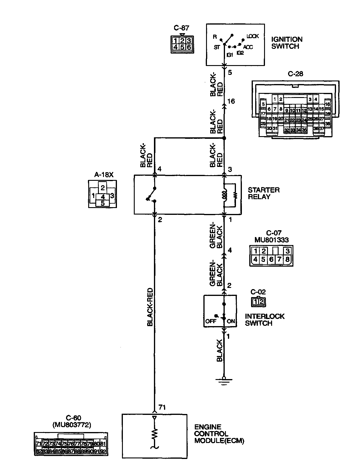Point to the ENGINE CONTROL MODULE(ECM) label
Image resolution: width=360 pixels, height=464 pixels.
coord(219,434)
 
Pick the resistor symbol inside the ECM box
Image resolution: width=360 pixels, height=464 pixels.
coord(154,434)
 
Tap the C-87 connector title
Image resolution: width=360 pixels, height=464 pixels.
coord(181,28)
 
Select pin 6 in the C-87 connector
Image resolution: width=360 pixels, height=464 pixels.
coord(189,47)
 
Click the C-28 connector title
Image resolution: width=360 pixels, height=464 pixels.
coord(295,74)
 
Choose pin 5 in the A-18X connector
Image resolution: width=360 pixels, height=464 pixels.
coord(103,203)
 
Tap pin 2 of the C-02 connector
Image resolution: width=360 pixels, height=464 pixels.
coord(261,302)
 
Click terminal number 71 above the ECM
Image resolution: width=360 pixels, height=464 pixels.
coord(162,407)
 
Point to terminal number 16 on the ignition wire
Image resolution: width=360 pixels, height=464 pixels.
coord(231,101)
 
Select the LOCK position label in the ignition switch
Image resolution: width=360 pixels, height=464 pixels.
coord(253,36)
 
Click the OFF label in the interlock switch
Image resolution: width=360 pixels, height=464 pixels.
coord(211,321)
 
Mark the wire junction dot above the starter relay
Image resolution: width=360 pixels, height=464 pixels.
coord(224,138)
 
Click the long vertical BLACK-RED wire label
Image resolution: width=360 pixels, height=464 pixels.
coord(150,307)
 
